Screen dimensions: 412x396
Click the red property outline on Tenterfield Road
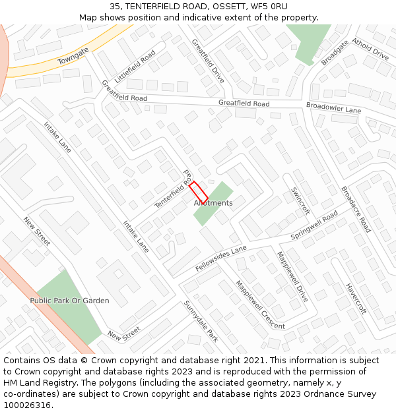(x=199, y=192)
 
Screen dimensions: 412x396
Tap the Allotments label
(x=213, y=203)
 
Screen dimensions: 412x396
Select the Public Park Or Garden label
(x=69, y=301)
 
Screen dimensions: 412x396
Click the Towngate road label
(x=73, y=55)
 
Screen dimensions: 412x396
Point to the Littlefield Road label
(x=135, y=67)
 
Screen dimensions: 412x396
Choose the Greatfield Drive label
(x=208, y=61)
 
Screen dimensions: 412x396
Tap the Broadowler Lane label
(x=333, y=108)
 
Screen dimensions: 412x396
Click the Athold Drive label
(x=370, y=49)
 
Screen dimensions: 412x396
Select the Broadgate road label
(x=335, y=53)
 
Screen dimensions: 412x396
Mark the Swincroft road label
(x=300, y=200)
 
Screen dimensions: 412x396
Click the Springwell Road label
(x=314, y=227)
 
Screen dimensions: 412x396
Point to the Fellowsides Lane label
(x=221, y=258)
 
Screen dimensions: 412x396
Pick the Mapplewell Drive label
(x=292, y=276)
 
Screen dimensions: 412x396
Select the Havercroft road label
(x=356, y=298)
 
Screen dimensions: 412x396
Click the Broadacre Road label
(x=356, y=209)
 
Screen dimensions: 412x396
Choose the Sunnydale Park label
(x=201, y=320)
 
